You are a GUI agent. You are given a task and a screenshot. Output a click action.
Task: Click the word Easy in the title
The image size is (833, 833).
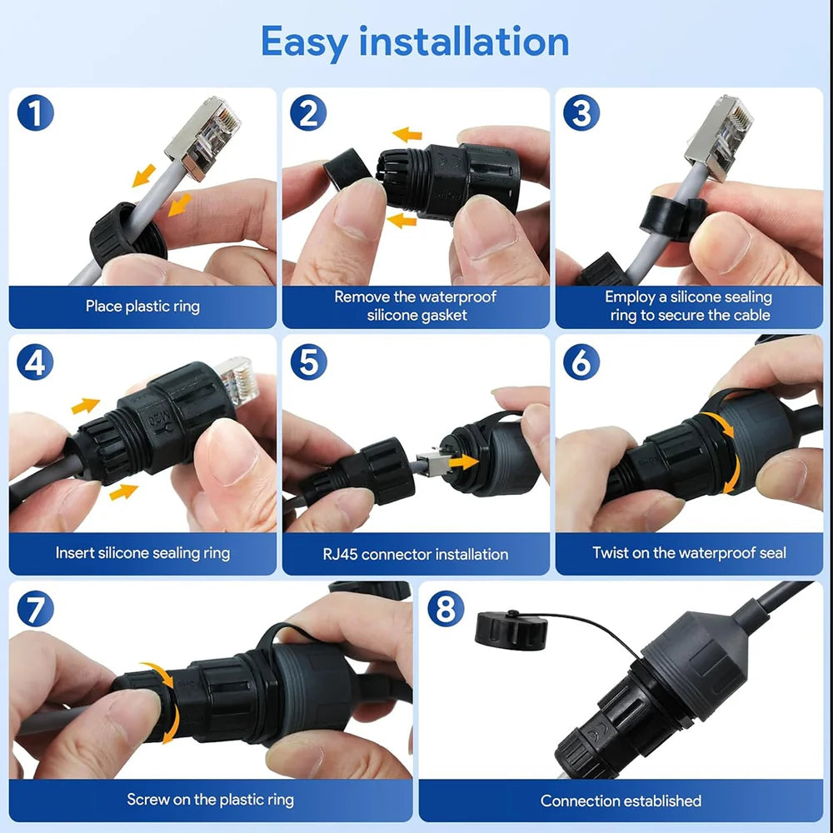[304, 41]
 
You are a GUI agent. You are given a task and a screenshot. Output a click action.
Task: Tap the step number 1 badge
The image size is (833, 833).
[35, 113]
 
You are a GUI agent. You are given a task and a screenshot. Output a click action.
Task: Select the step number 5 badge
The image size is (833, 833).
[308, 362]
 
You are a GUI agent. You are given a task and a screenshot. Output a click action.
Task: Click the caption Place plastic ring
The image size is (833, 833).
[142, 307]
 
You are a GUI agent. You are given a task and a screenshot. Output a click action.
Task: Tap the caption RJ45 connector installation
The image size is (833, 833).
[415, 554]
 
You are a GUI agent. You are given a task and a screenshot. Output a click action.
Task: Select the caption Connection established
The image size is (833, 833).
[621, 801]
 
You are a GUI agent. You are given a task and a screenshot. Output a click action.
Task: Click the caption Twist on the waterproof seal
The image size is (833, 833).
[689, 553]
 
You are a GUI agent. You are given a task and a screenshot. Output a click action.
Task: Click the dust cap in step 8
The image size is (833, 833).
[511, 631]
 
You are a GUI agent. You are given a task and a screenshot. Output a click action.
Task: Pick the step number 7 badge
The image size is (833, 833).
[35, 610]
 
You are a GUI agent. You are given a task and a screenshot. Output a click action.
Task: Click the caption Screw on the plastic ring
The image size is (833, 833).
[210, 800]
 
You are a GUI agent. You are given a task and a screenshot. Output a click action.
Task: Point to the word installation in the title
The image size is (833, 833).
[464, 41]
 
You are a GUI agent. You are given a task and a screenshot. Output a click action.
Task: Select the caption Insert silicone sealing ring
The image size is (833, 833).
[142, 553]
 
